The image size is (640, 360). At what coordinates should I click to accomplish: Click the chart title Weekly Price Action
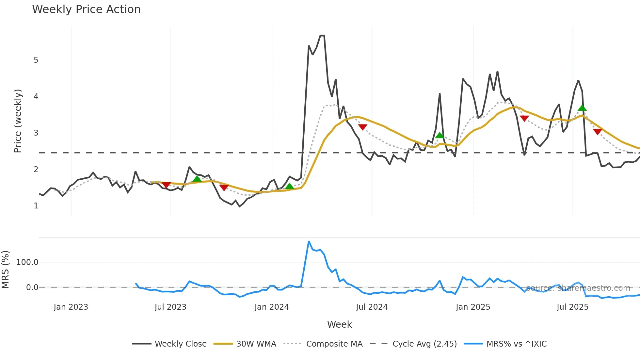pos(86,9)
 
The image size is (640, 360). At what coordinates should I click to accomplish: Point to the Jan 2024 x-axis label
pos(272,307)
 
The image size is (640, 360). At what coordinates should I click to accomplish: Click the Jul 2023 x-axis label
pos(170,307)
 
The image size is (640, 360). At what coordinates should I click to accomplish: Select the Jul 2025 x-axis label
pos(572,307)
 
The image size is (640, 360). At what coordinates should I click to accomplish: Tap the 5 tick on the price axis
pos(36,60)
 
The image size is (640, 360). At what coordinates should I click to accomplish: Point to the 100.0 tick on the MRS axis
pos(27,262)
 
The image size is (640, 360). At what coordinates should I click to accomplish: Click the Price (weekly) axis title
pos(18,121)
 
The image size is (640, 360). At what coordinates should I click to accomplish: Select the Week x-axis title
pos(339,324)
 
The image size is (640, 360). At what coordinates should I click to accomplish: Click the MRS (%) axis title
pos(6,270)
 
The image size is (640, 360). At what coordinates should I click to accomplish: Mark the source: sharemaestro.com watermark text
pos(578,288)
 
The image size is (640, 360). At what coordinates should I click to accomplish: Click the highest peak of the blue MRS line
pos(309,241)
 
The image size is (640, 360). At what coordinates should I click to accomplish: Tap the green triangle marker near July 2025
pos(582,108)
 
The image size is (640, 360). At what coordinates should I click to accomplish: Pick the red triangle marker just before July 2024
pos(362,127)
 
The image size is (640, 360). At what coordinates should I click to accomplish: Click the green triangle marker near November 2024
pos(440,135)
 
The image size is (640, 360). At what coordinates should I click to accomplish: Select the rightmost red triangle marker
pos(598,132)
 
